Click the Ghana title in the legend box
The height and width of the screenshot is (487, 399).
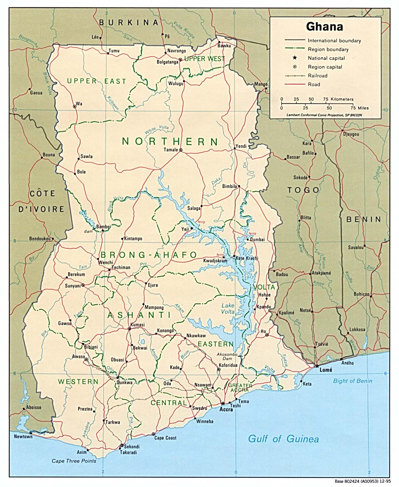tap(325, 27)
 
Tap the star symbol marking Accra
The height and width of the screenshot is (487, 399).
tap(223, 403)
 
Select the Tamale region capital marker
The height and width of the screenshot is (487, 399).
tap(181, 150)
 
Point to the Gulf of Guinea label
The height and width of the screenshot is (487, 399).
tap(283, 439)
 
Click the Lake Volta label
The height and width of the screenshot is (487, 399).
tap(228, 309)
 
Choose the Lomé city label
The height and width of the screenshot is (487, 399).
tap(326, 370)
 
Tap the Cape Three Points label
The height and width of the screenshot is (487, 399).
tap(74, 461)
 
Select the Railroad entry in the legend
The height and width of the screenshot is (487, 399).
tap(317, 76)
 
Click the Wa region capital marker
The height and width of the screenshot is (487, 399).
tap(74, 107)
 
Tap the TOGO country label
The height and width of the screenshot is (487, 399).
tap(303, 190)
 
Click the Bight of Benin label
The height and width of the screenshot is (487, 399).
tap(352, 381)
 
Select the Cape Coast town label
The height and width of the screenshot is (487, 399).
tap(165, 438)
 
